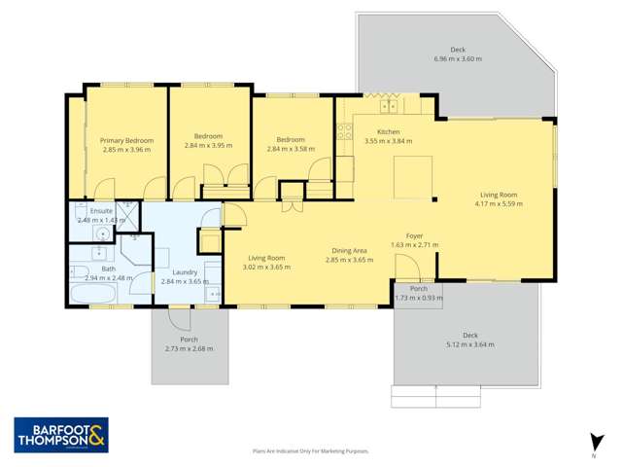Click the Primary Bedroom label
(x=127, y=140)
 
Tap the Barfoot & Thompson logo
(x=61, y=435)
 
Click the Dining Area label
(x=348, y=251)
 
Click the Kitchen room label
(x=389, y=131)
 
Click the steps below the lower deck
(x=435, y=397)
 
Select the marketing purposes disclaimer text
(x=310, y=451)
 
